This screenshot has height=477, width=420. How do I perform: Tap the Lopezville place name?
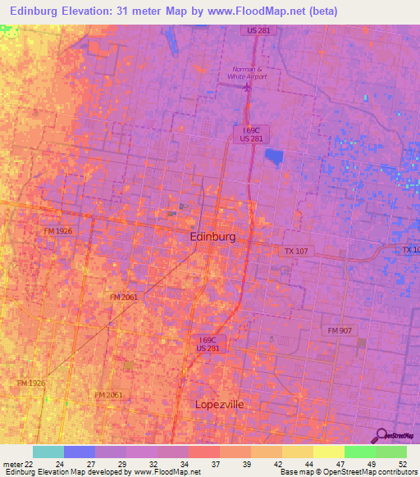click(x=220, y=405)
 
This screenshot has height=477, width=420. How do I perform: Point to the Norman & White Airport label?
click(x=247, y=72)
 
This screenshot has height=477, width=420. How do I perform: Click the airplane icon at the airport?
click(x=247, y=86)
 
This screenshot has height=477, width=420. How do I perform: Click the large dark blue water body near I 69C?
click(x=272, y=157)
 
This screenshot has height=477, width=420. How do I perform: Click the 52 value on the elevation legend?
click(x=403, y=464)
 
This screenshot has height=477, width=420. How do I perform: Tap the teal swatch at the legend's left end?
click(x=48, y=452)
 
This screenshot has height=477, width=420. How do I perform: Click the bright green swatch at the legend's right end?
click(x=390, y=452)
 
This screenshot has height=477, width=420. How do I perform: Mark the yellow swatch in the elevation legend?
click(x=328, y=452)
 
